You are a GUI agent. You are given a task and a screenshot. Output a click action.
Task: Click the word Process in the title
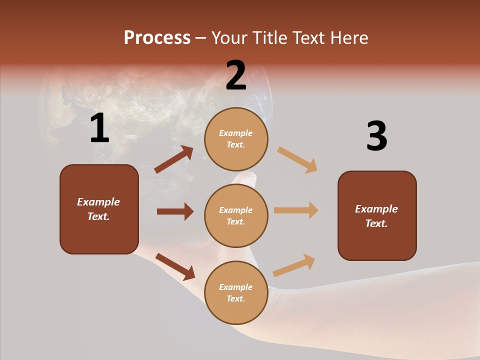(157, 38)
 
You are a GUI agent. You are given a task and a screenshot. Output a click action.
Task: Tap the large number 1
(99, 128)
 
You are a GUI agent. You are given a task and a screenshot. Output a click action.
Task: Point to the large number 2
(236, 75)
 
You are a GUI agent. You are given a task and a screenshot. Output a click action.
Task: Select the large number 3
(376, 136)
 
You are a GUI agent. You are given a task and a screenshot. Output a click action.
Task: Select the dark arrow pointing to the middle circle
(175, 211)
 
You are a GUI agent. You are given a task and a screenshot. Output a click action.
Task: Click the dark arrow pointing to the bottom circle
(175, 266)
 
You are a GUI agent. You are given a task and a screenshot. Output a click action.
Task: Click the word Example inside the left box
(98, 202)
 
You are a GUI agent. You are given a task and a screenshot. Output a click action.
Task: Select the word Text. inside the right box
(376, 223)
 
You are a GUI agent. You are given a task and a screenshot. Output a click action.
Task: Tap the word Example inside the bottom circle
(235, 287)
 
